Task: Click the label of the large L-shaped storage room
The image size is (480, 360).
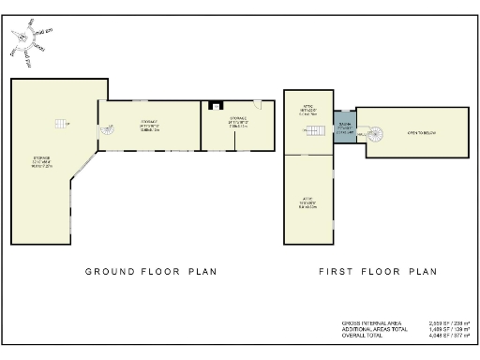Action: (x=42, y=161)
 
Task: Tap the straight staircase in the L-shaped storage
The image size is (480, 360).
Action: (x=61, y=124)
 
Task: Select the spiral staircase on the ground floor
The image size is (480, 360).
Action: (x=107, y=132)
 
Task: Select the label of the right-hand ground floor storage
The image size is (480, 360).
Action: (x=238, y=121)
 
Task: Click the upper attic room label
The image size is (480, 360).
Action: (x=308, y=111)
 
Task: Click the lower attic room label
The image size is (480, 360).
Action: (x=307, y=203)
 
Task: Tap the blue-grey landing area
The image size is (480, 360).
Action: (x=344, y=127)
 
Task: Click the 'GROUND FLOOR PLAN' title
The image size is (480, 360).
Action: (x=151, y=272)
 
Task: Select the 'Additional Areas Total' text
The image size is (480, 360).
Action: (x=375, y=328)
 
